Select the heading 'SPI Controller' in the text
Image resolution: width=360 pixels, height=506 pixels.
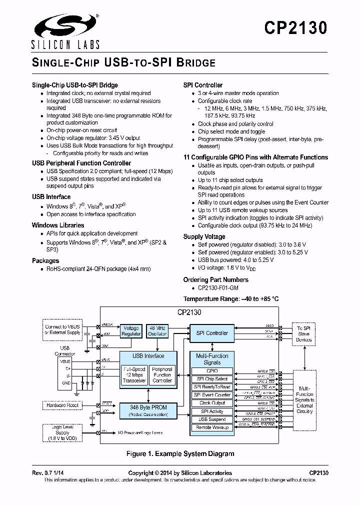coord(203,85)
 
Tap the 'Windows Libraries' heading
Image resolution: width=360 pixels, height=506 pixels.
coord(58,225)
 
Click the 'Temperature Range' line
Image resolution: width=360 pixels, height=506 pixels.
coord(231,299)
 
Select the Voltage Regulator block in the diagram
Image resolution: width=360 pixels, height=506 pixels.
coord(131,330)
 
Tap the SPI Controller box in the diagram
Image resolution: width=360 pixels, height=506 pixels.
coord(211,333)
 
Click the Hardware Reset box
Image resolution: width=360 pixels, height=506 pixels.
coord(62,405)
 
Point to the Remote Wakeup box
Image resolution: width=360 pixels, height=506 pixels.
coord(212,427)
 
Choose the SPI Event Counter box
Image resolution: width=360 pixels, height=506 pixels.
coord(212,395)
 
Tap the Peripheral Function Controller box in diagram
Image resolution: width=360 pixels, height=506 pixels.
coord(162,375)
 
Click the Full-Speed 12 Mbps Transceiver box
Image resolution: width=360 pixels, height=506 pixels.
coord(134,375)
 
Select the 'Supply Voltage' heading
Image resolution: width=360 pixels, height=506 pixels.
coord(204,236)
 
